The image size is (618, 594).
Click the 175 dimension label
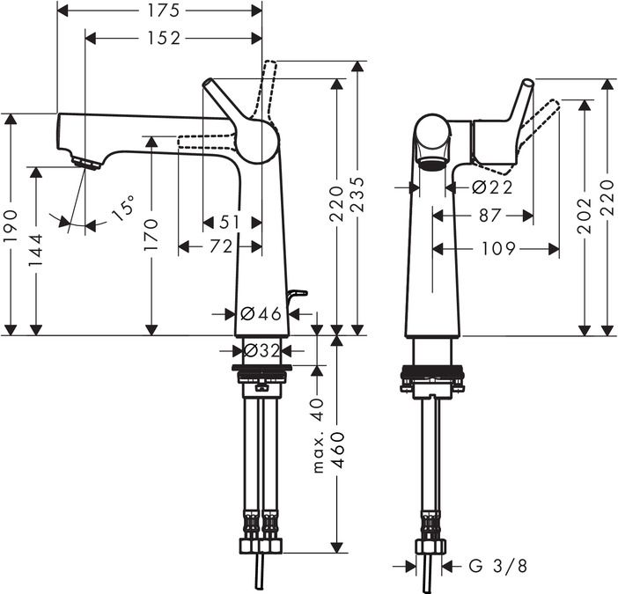159,11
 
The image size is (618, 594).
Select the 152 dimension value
159,38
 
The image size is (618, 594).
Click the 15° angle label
124,210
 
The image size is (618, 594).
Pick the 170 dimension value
152,235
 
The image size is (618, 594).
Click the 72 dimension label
220,247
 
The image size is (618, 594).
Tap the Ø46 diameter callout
260,313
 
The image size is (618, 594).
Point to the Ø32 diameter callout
261,350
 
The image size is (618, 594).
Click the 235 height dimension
357,200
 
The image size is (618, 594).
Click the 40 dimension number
319,407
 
